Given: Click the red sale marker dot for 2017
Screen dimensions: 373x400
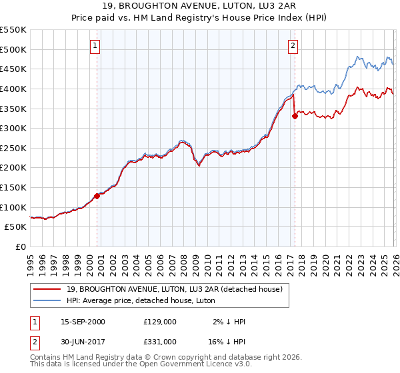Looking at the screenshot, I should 294,116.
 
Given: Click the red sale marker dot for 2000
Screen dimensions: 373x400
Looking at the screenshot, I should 97,196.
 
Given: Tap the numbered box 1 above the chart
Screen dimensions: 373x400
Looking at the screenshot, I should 95,46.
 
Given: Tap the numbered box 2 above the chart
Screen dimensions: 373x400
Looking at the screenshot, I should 293,46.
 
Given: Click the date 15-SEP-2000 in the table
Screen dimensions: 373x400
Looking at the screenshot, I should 83,322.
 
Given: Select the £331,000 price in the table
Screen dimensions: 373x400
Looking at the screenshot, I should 160,341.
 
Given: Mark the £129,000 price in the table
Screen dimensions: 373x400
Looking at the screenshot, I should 160,322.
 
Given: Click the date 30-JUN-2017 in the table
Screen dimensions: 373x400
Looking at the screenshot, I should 83,341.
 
